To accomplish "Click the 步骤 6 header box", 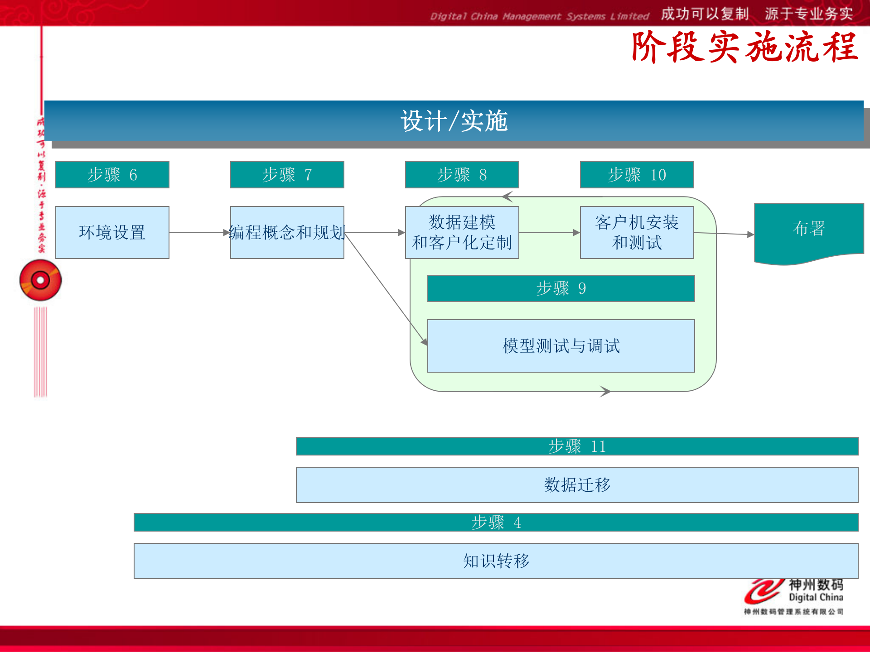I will (x=112, y=175).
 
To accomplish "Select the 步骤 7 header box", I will (x=287, y=175).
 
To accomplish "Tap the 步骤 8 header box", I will (x=462, y=175).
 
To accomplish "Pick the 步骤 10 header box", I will (x=637, y=175).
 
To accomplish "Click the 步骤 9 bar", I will (x=561, y=288).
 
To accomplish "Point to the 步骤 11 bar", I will (x=577, y=446).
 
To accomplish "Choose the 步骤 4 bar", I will (x=496, y=523).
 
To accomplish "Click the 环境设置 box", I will (x=112, y=233).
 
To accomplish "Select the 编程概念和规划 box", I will (x=287, y=233).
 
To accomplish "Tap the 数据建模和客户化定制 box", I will (x=462, y=233).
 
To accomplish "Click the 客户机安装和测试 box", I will (x=637, y=233).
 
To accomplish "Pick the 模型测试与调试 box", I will (x=561, y=346).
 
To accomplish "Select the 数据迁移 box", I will (x=577, y=485).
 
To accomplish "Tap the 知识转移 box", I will (x=496, y=561).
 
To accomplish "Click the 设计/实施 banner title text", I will (x=454, y=121).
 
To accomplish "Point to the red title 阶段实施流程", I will (x=744, y=47).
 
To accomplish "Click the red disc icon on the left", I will (x=40, y=280).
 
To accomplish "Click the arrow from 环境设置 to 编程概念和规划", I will (x=199, y=233).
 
